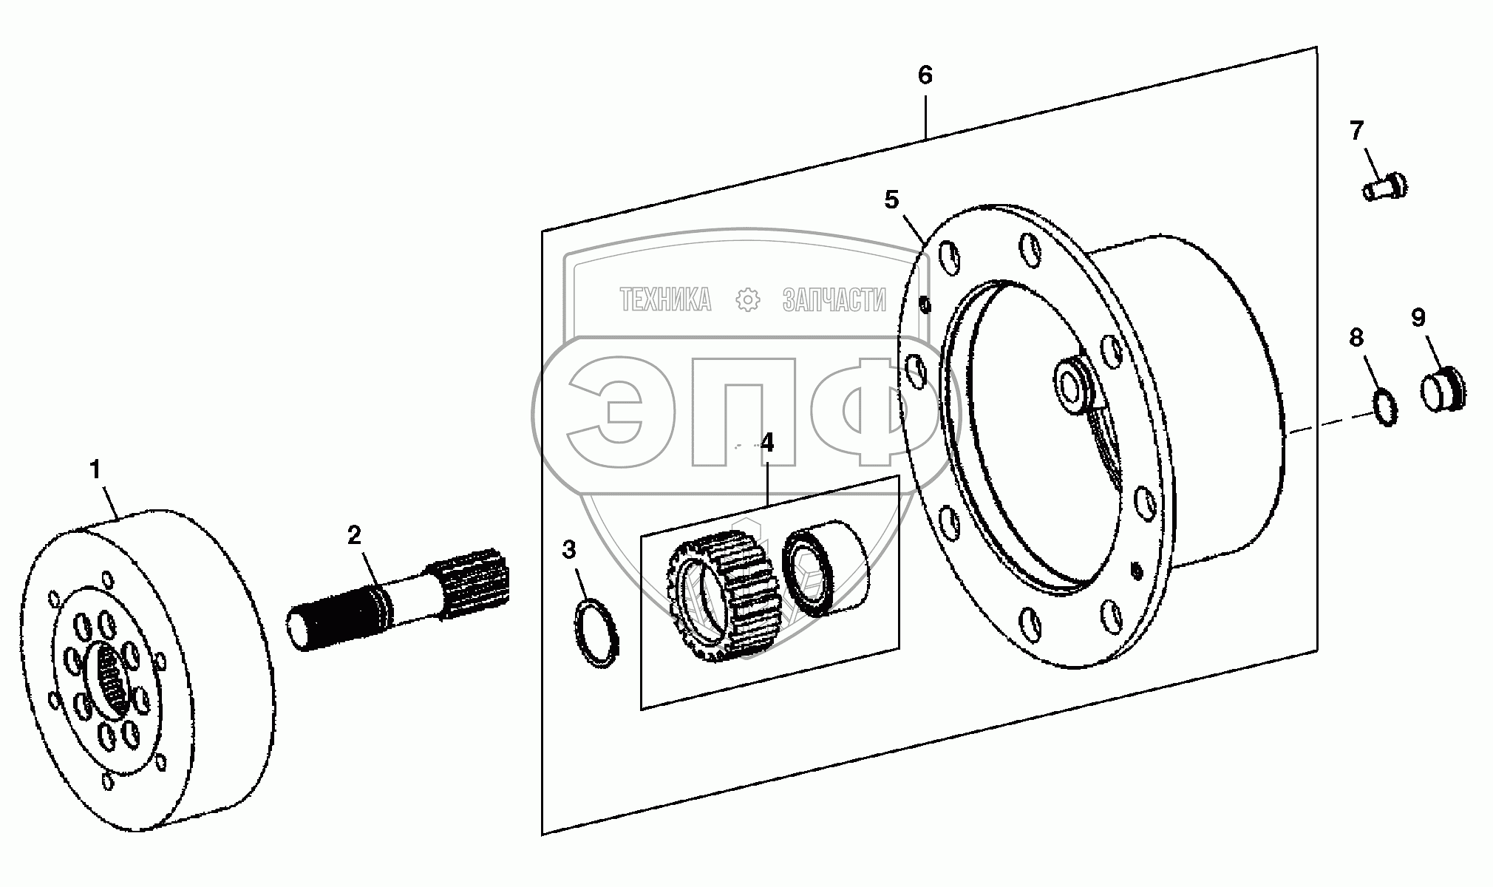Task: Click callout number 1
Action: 95,469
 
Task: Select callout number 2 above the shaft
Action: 355,534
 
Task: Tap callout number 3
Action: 568,549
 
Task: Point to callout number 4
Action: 766,443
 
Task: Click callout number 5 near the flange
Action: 891,200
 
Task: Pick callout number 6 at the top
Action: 925,75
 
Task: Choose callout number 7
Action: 1356,132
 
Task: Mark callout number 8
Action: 1356,339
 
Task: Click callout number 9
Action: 1418,318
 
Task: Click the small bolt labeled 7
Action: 1384,186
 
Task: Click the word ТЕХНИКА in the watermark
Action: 666,300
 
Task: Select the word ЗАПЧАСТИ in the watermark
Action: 834,300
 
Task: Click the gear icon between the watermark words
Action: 748,300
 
